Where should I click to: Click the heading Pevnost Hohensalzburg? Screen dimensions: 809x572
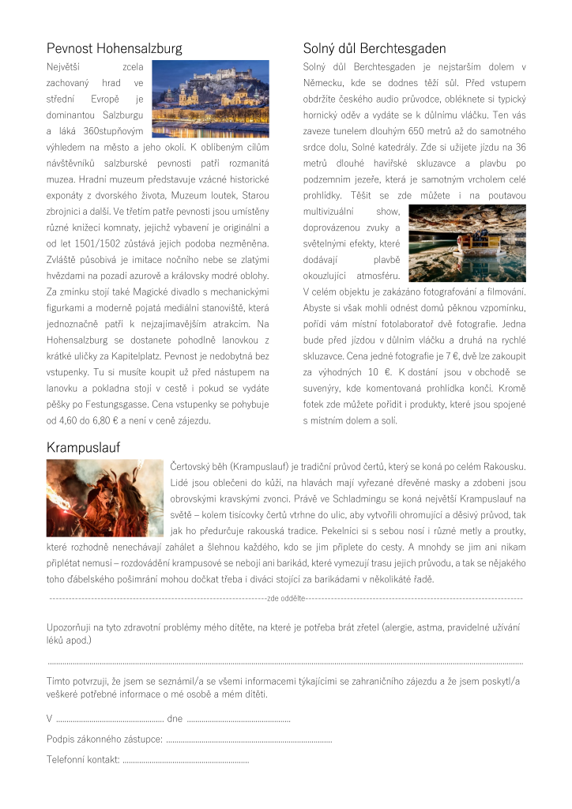(115, 48)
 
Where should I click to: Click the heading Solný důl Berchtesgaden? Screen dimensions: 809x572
(374, 48)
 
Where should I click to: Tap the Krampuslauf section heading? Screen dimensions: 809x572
(83, 448)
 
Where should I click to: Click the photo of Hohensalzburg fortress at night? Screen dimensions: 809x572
(210, 99)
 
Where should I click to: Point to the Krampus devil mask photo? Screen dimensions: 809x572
(105, 498)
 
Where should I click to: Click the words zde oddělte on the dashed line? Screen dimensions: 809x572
(286, 599)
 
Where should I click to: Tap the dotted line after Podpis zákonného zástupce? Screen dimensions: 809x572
(248, 739)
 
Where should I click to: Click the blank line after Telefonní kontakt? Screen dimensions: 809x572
(186, 760)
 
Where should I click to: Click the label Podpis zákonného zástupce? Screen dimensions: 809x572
(104, 739)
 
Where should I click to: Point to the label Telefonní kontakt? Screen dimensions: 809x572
(83, 760)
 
